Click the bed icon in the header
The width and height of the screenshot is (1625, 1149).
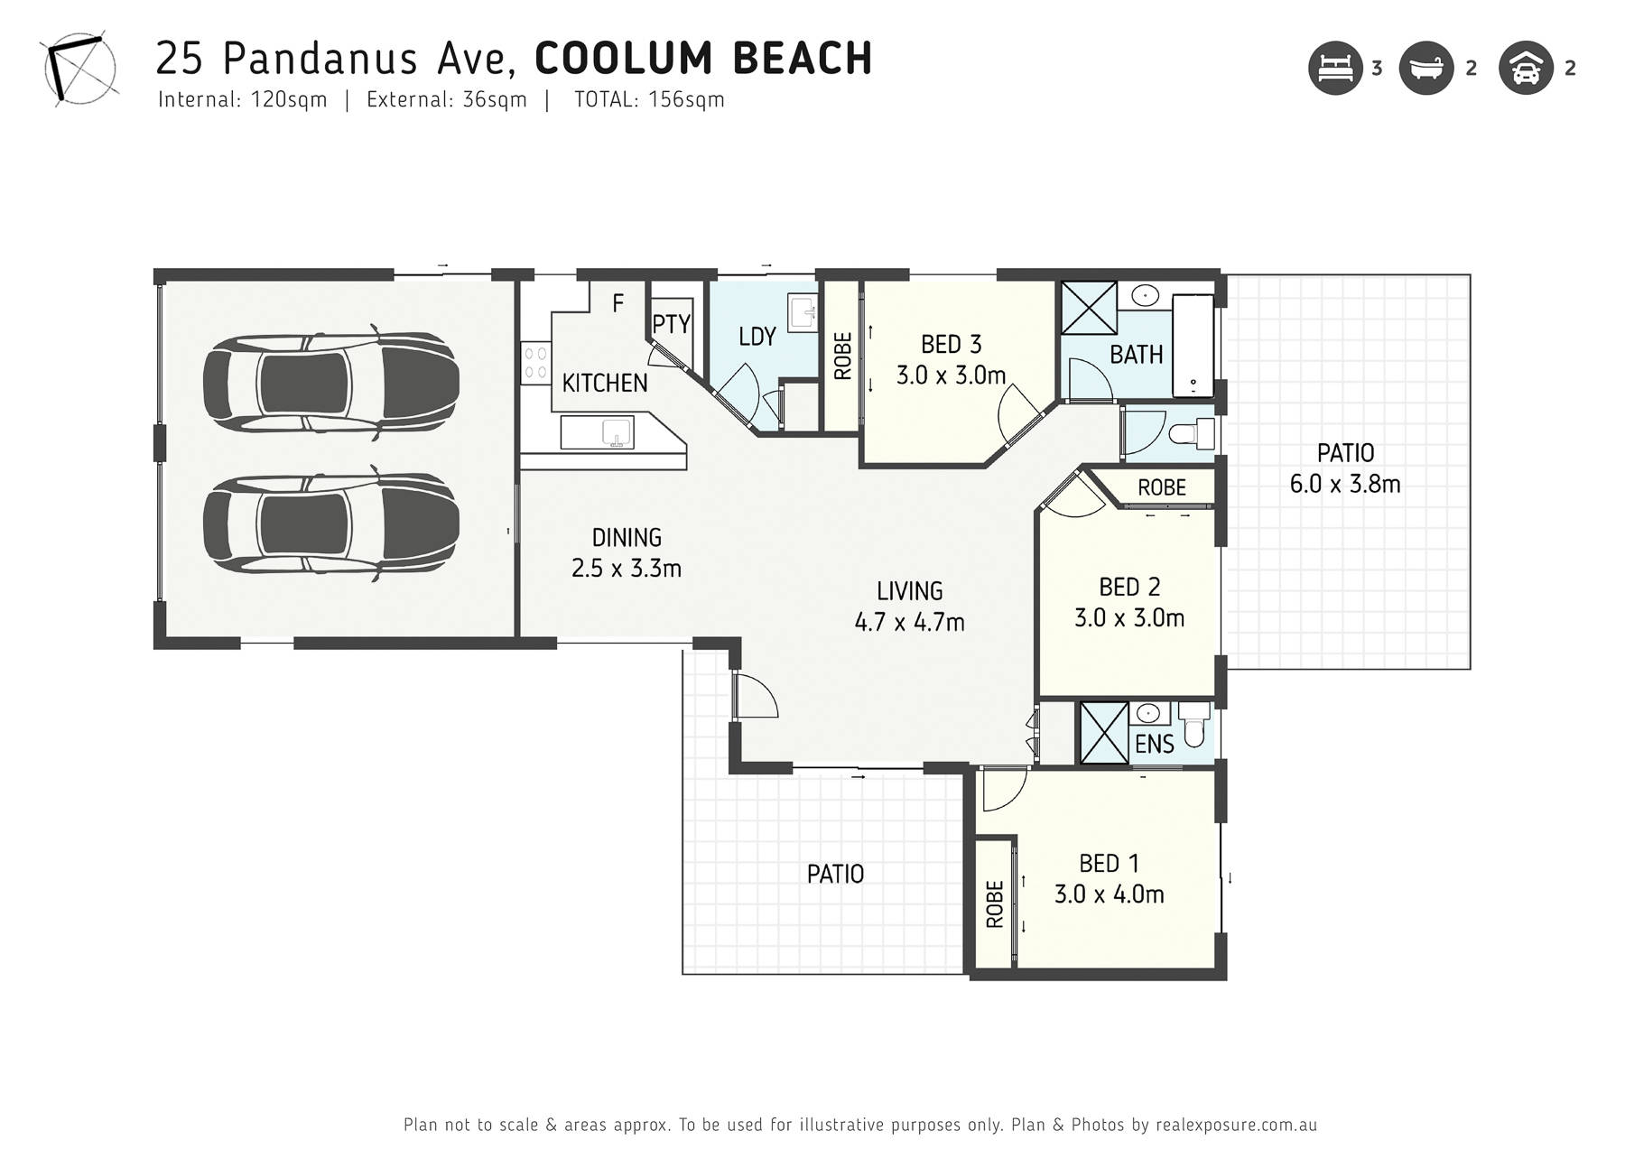coord(1335,68)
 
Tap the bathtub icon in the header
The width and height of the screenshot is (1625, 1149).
coord(1426,68)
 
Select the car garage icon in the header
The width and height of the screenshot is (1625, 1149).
coord(1526,68)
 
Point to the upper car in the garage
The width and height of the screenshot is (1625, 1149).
coord(330,383)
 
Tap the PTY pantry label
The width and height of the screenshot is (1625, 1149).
coord(671,324)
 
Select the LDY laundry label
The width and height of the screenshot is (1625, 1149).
coord(757,337)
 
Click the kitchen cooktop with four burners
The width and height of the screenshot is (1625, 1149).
coord(536,362)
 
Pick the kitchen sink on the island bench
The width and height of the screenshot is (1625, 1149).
coord(597,432)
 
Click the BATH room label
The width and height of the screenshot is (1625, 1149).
coord(1136,355)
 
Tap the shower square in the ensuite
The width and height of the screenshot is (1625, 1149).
coord(1104,732)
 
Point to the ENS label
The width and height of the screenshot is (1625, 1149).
coord(1154,745)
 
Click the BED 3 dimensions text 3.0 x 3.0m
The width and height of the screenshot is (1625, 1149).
coord(951,375)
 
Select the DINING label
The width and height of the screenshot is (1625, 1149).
coord(627,538)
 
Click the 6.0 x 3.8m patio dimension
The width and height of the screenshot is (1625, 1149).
coord(1345,484)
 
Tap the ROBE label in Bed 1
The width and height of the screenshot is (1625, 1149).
coord(995,904)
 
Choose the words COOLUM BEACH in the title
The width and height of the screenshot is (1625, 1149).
coord(703,59)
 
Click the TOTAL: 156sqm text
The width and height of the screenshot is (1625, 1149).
coord(649,99)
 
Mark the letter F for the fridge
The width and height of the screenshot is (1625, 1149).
coord(617,303)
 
